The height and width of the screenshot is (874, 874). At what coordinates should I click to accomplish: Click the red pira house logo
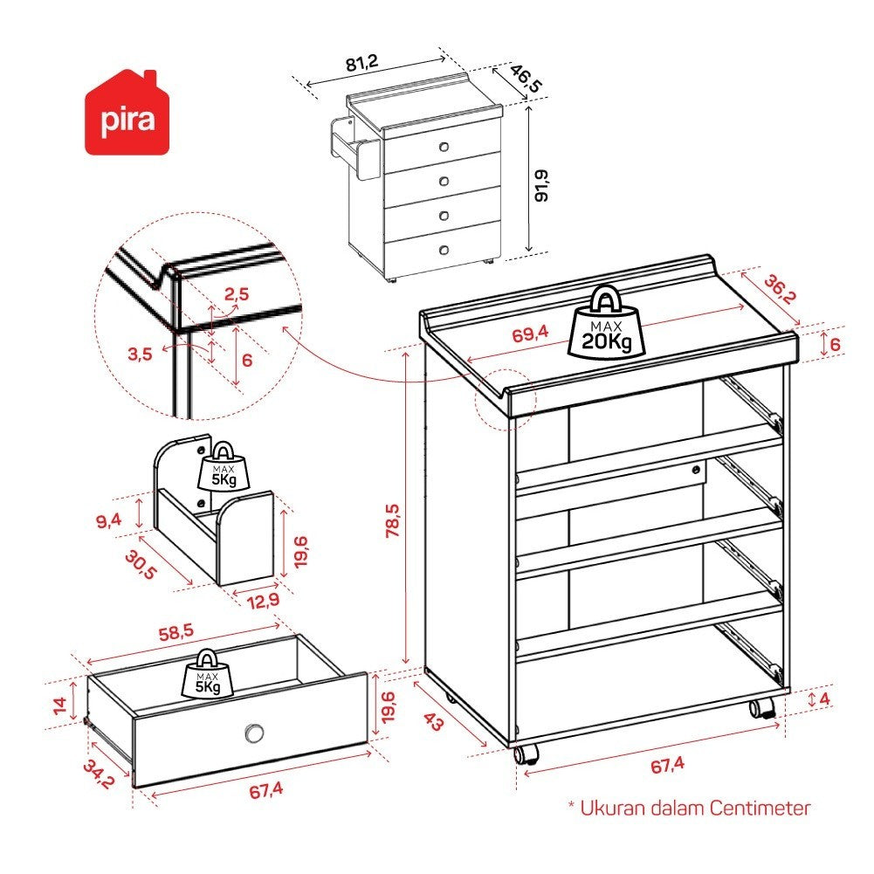(127, 114)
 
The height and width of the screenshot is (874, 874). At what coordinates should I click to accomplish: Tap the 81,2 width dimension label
(362, 63)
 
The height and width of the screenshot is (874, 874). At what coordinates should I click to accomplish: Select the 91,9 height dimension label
(541, 186)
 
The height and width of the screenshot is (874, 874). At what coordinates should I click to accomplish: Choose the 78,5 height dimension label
(393, 520)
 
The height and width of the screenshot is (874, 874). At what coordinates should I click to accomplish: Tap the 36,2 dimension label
(780, 289)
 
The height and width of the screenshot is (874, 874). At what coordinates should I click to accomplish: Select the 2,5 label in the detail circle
(237, 294)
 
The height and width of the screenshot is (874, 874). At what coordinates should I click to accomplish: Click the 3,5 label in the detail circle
(140, 354)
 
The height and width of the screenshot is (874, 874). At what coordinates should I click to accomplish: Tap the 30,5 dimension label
(141, 565)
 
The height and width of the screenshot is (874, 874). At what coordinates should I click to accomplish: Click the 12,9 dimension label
(264, 601)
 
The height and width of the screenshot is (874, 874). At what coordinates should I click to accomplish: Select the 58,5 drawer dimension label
(176, 632)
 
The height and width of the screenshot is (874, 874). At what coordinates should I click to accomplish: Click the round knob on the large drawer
(255, 733)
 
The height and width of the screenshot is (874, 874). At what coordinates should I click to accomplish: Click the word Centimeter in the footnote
(760, 808)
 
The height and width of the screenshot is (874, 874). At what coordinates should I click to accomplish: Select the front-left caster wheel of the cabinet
(526, 754)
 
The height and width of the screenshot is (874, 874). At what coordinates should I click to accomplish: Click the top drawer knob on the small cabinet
(444, 147)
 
